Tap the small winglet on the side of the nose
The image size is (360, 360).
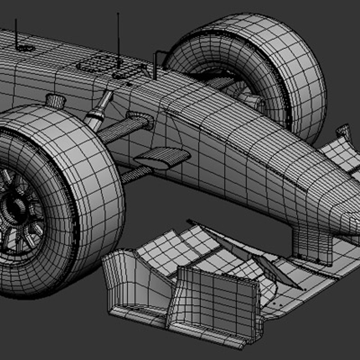click(x=162, y=157)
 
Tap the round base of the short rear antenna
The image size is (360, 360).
click(x=25, y=48)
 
